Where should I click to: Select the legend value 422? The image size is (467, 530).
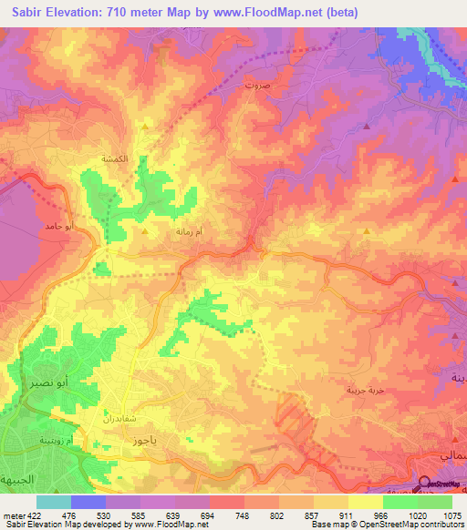pos(28,515)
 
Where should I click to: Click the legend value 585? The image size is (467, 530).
pos(127,515)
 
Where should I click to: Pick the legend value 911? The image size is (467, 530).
pos(336,515)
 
